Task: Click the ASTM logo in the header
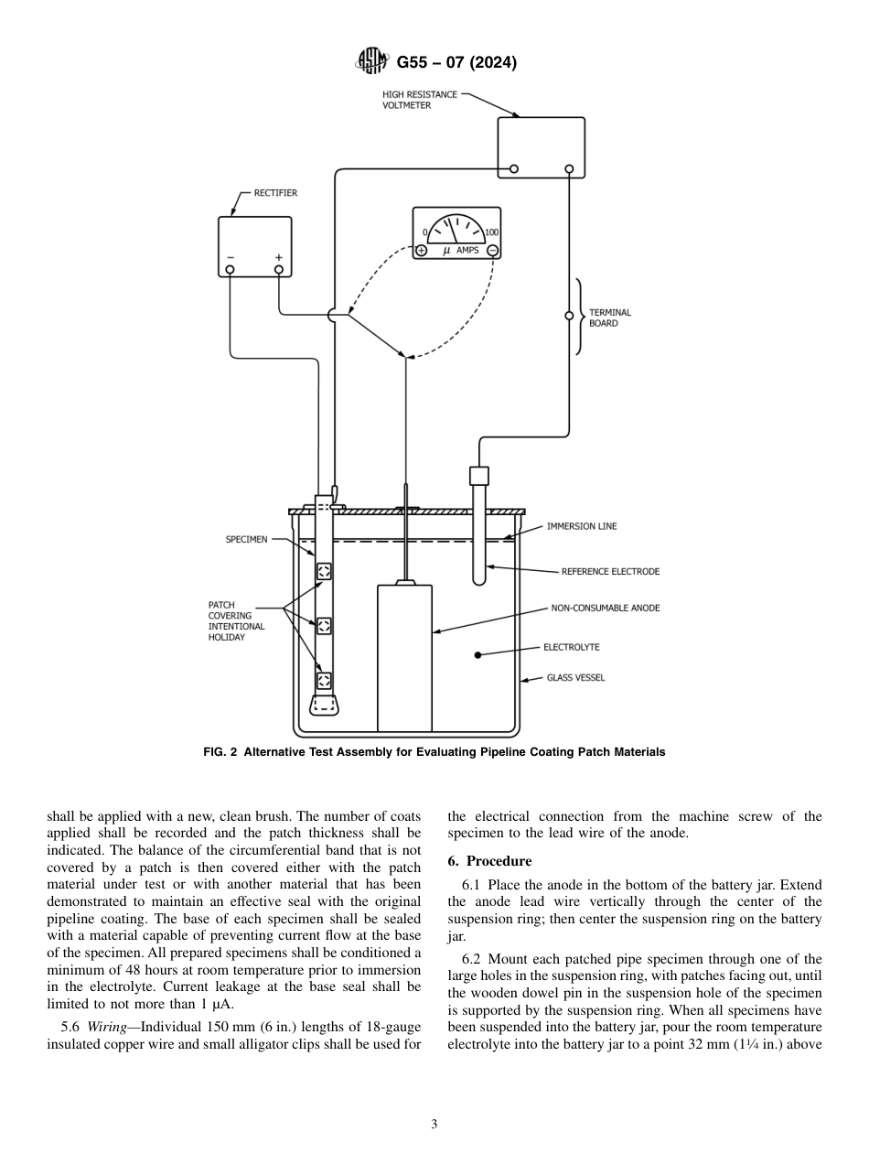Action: [x=370, y=62]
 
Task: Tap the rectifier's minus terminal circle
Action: [x=230, y=270]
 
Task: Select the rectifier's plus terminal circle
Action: [x=279, y=270]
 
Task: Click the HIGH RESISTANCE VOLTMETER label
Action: [x=420, y=100]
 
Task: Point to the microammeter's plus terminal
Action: [x=422, y=251]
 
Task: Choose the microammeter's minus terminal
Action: [x=492, y=251]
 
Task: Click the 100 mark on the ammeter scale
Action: [x=491, y=232]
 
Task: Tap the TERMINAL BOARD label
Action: [x=610, y=318]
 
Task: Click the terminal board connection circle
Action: [x=569, y=316]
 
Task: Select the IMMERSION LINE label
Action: [x=582, y=526]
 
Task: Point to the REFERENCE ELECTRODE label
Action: [x=610, y=572]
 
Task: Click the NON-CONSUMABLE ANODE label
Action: [x=605, y=608]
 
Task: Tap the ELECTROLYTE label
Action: [x=572, y=647]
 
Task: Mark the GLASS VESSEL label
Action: [x=575, y=678]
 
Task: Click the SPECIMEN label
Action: [x=247, y=539]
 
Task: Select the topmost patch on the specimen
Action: [x=324, y=572]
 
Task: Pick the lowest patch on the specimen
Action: [x=324, y=680]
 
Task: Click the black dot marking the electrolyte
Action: [x=477, y=654]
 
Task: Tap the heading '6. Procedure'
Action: [x=489, y=861]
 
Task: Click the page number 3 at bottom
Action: [x=434, y=1124]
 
